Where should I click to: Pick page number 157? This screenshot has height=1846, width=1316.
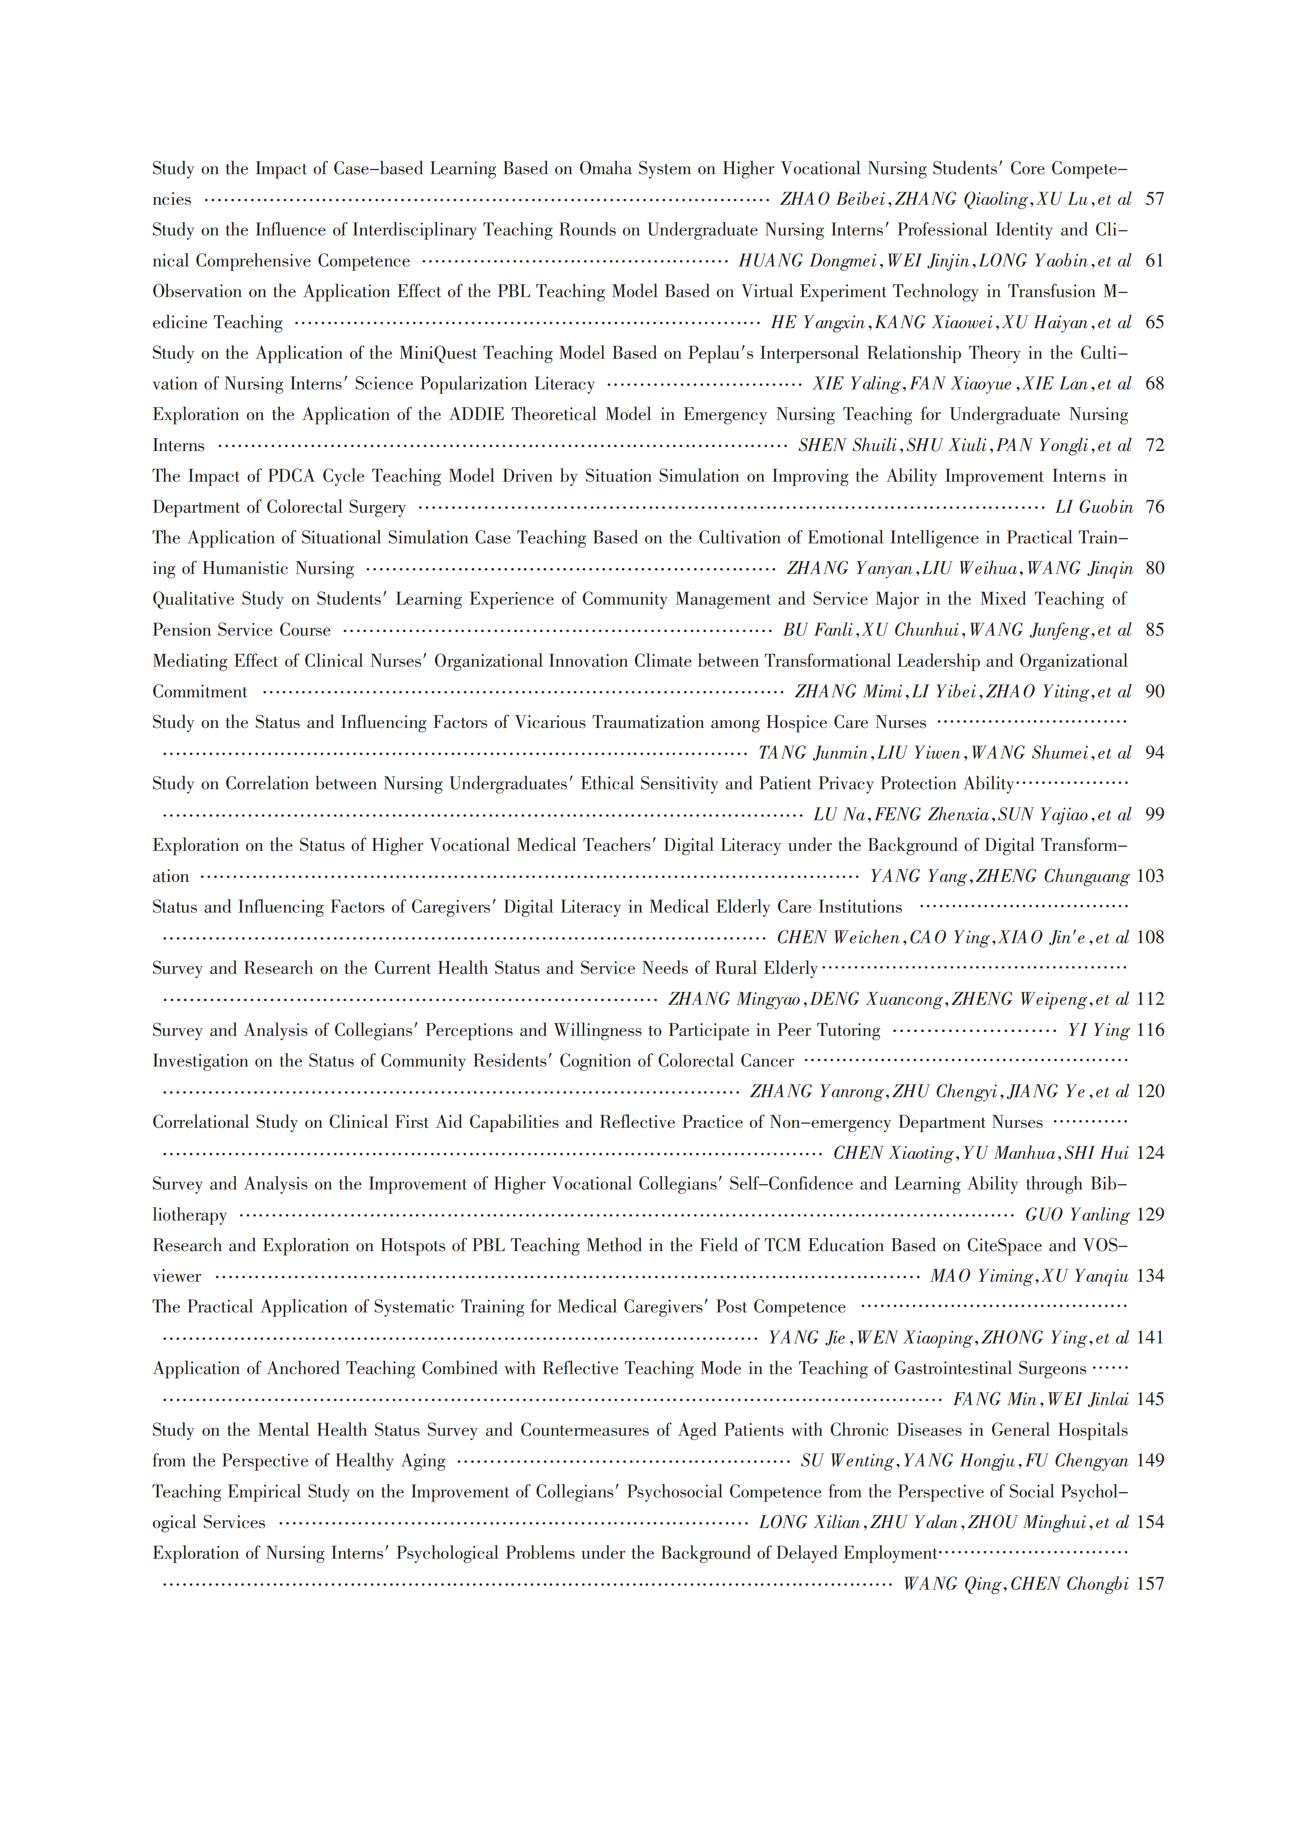click(1150, 1584)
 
